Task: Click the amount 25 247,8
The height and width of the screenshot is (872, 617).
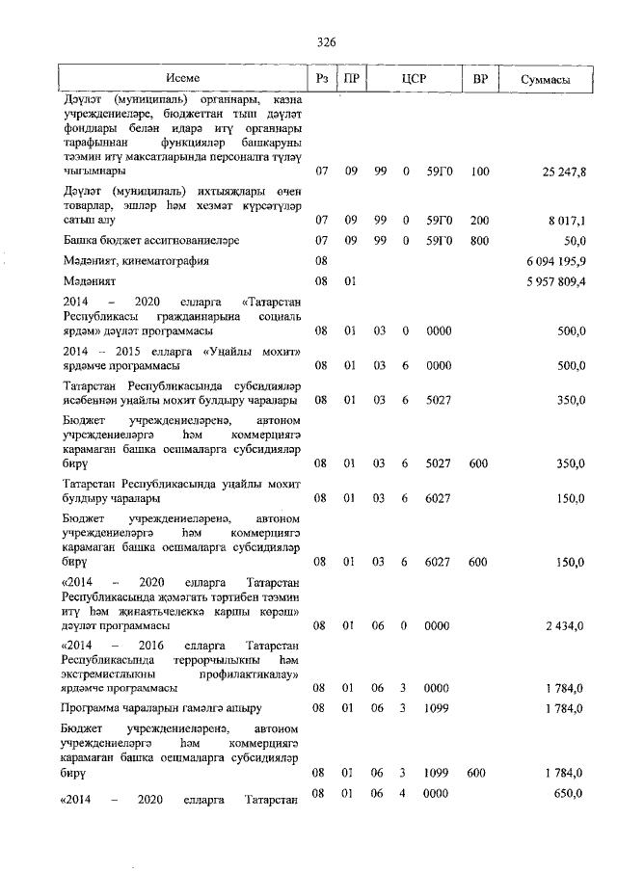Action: [x=564, y=172]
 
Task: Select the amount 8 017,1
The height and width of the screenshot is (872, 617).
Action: [x=568, y=220]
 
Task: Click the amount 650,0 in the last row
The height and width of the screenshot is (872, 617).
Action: [x=570, y=793]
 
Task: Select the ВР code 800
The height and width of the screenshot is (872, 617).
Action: [x=480, y=240]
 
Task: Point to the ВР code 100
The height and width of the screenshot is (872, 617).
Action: [x=480, y=172]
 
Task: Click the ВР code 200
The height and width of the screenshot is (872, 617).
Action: [x=480, y=220]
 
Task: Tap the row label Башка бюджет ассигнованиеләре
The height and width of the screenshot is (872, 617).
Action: [x=151, y=240]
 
